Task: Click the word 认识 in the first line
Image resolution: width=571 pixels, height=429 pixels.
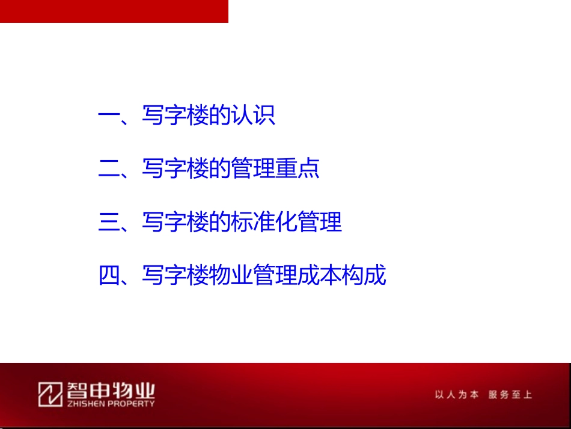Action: (254, 115)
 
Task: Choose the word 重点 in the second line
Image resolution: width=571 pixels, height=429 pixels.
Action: (298, 168)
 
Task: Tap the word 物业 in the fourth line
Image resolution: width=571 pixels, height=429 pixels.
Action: (231, 276)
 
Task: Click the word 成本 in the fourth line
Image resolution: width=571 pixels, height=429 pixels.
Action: (320, 276)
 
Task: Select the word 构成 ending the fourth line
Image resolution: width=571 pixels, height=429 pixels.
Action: (364, 276)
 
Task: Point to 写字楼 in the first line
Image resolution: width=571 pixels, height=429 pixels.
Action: (176, 115)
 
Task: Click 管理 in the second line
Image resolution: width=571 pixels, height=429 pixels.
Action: (254, 168)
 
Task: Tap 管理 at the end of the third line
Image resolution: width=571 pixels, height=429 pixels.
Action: (320, 222)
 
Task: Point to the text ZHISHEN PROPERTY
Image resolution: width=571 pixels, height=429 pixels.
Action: (107, 404)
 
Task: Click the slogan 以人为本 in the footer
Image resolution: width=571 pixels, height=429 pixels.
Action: (456, 395)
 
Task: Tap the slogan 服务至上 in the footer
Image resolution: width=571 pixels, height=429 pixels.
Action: (510, 395)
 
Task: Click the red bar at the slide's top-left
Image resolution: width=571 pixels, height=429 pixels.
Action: (114, 11)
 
